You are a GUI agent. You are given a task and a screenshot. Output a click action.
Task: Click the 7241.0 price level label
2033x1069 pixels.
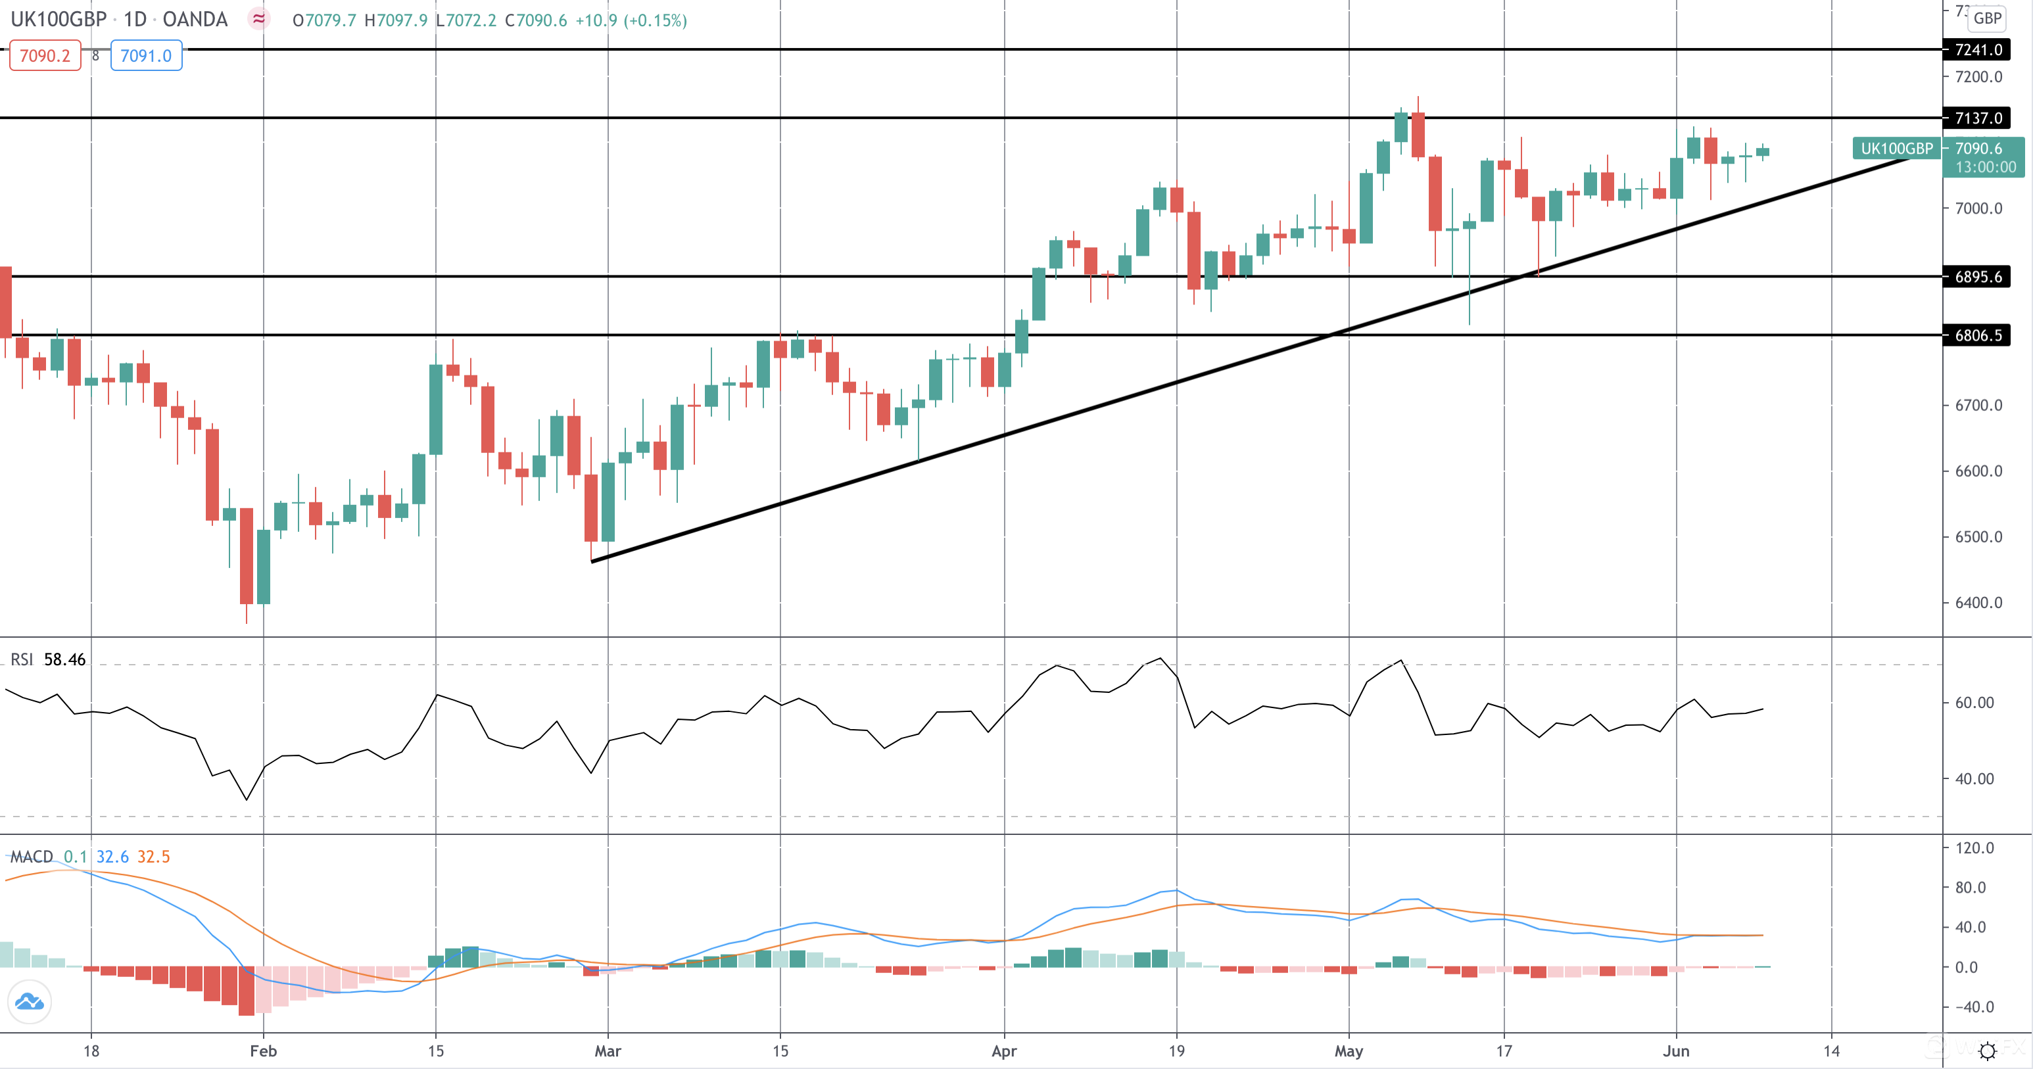(1977, 50)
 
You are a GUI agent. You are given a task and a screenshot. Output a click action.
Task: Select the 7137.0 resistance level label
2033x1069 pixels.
(1977, 118)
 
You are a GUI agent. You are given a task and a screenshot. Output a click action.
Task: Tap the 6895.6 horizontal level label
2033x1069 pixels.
(1977, 277)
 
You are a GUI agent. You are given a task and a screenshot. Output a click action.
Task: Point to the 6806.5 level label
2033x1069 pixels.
(1977, 335)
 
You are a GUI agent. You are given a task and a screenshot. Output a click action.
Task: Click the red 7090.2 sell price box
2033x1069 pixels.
(45, 56)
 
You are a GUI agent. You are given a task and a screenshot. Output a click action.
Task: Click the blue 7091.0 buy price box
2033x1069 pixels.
(146, 56)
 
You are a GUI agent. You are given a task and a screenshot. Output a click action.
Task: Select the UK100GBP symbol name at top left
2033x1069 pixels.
(59, 20)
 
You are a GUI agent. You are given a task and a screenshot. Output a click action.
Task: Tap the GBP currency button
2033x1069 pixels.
(1987, 18)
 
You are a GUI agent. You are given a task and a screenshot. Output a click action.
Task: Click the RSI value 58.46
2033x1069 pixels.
(64, 659)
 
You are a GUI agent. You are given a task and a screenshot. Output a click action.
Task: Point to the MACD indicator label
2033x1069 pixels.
(32, 857)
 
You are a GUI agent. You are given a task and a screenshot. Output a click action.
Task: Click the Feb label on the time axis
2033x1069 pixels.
(263, 1051)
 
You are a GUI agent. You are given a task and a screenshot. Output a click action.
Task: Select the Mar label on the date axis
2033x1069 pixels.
(608, 1051)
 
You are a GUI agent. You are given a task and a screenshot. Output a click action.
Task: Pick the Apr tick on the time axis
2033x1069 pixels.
(1004, 1051)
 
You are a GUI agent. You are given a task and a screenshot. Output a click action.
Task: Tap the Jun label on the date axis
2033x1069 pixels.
(1675, 1051)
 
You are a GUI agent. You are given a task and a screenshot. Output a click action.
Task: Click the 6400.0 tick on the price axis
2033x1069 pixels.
(1978, 603)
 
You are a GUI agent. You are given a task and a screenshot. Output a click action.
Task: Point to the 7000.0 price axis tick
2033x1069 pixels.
(1978, 208)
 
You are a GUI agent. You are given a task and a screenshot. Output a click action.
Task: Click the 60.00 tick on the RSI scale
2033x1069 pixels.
(1974, 703)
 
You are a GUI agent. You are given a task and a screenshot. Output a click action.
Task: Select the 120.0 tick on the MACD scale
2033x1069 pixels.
(1974, 848)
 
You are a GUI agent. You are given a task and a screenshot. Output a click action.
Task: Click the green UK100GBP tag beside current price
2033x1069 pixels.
(1896, 149)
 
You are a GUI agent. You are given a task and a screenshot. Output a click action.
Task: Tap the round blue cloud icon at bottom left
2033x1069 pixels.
(29, 1002)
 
